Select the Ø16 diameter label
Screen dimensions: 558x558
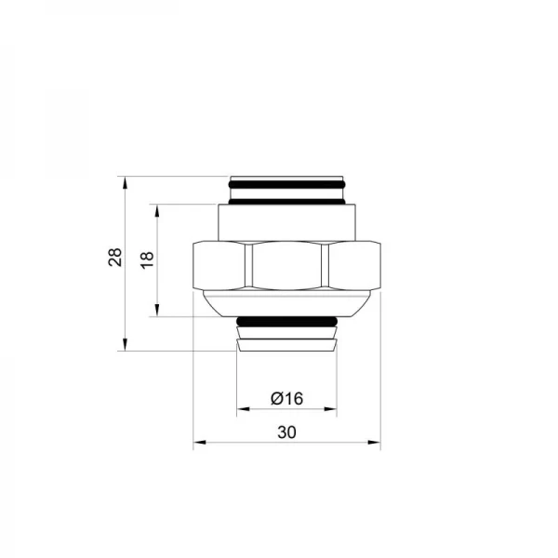click(x=286, y=399)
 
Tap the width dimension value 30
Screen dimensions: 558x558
click(x=286, y=433)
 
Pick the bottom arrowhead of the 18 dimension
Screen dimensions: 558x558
click(x=158, y=312)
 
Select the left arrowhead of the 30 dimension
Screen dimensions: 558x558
click(x=197, y=444)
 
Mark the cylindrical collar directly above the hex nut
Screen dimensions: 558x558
click(x=286, y=223)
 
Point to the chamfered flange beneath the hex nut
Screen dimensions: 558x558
click(x=286, y=303)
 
